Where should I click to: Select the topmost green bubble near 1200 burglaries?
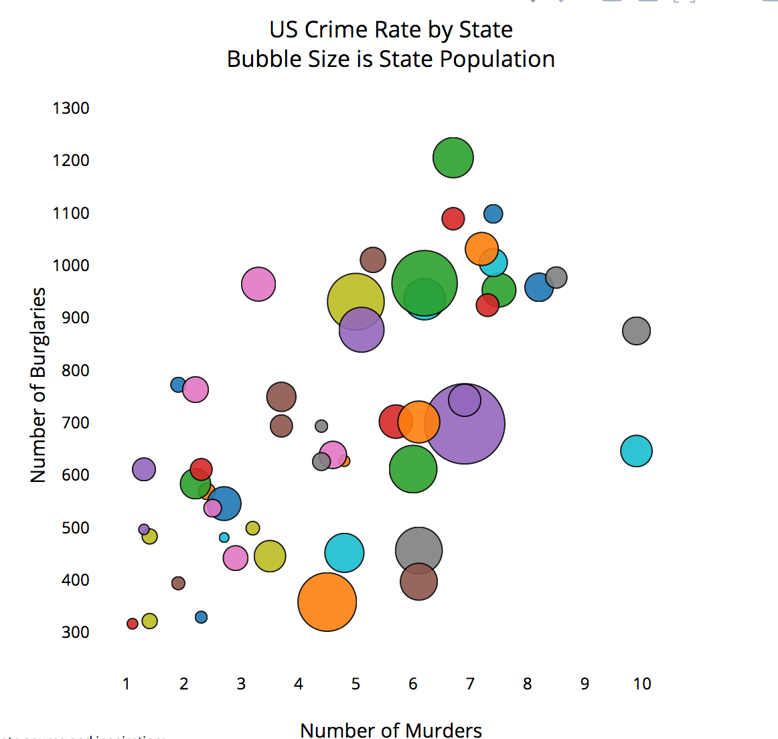[x=453, y=158]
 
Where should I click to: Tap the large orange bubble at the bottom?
[x=327, y=602]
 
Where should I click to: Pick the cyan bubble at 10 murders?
[x=636, y=450]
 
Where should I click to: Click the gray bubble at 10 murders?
[x=636, y=331]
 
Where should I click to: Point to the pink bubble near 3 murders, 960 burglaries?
[x=258, y=284]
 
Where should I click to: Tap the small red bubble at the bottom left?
[x=133, y=624]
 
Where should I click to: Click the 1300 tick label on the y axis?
[x=71, y=108]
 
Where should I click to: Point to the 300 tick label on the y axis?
[x=75, y=633]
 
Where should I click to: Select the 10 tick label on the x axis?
[x=641, y=683]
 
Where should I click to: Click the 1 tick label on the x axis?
[x=126, y=683]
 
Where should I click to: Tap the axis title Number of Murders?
[x=391, y=730]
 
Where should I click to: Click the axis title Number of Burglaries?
[x=38, y=385]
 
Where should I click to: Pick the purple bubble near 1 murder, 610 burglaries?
[x=144, y=469]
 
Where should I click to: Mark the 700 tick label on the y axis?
[x=75, y=422]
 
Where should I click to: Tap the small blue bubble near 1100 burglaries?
[x=493, y=214]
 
